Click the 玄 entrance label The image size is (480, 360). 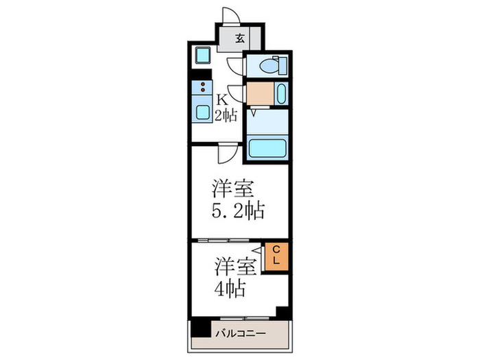[x=240, y=39]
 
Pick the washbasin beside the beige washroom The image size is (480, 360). [x=282, y=93]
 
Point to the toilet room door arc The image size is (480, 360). [x=235, y=66]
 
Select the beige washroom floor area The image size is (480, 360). [x=259, y=93]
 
